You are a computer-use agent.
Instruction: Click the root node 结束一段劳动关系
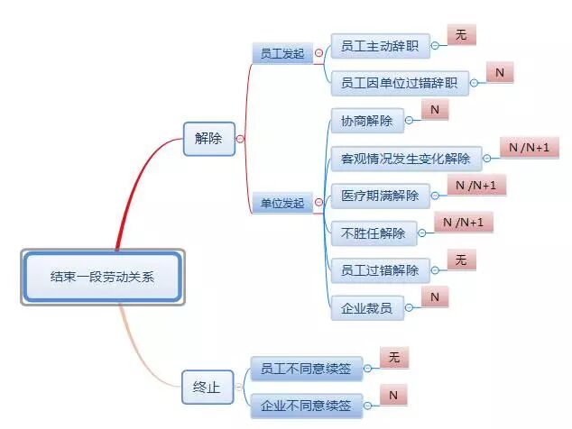(102, 276)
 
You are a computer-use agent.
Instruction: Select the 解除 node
(208, 139)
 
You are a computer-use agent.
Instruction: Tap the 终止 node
(207, 387)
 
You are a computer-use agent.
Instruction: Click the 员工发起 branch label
(281, 54)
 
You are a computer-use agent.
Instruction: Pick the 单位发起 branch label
(281, 204)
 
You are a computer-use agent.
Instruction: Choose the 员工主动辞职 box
(379, 46)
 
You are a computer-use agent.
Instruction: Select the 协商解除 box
(367, 121)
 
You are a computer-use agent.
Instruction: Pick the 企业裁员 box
(366, 309)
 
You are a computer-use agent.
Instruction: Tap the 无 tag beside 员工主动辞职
(461, 35)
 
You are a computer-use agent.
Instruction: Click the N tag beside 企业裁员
(434, 297)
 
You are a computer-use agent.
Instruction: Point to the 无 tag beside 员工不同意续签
(393, 358)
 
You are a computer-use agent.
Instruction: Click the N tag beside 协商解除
(434, 110)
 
